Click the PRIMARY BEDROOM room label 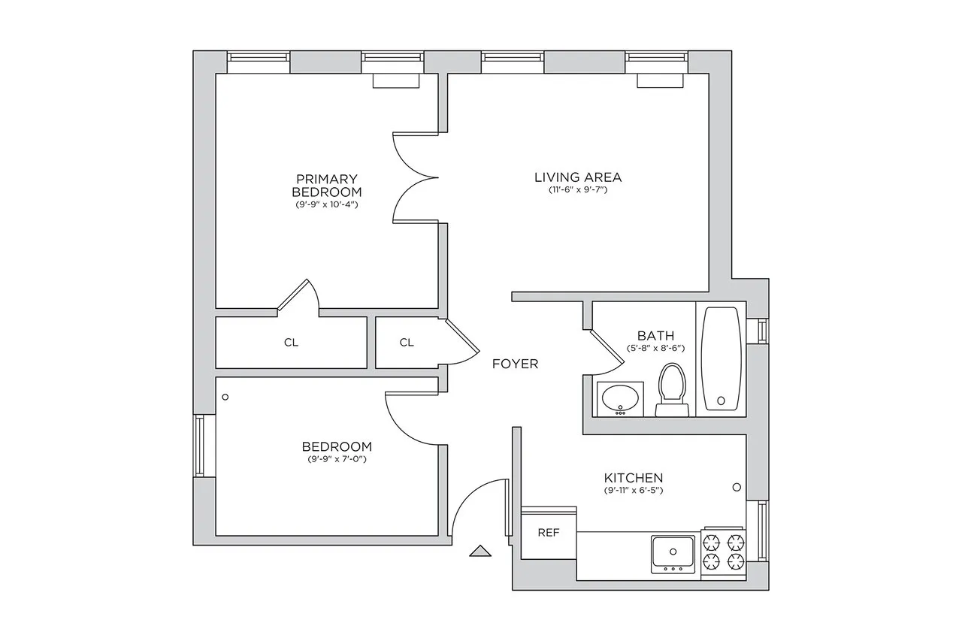point(326,185)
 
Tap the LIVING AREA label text point(577,177)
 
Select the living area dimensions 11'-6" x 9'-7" point(577,190)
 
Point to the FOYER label point(515,364)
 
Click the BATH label point(655,336)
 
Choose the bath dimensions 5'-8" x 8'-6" point(655,349)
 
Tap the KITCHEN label point(634,478)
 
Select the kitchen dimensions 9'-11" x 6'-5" point(634,491)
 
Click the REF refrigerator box point(549,533)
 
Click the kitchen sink point(673,554)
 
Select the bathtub point(721,358)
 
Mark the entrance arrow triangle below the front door point(479,552)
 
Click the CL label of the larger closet point(291,343)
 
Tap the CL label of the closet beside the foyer point(407,343)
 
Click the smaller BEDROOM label point(337,446)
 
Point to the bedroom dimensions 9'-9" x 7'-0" point(337,459)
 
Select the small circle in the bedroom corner point(225,397)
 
